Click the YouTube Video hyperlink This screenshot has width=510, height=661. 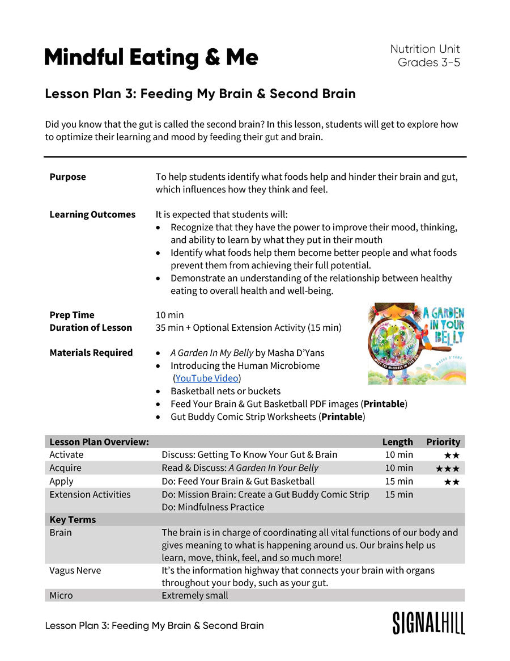[207, 378]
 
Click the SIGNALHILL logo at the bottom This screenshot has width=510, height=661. [428, 623]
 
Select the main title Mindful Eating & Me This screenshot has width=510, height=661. [151, 57]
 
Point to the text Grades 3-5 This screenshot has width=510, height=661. [428, 62]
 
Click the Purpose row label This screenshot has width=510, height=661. [67, 177]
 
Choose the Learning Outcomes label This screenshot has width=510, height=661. [92, 214]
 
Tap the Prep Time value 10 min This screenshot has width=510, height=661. [169, 315]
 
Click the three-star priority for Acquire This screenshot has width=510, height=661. [447, 469]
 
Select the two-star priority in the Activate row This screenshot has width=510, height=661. [451, 455]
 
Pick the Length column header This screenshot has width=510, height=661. [397, 442]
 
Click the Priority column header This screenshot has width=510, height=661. [443, 442]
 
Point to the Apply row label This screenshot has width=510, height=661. [61, 481]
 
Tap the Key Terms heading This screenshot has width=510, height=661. [73, 520]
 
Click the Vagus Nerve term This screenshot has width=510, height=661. [75, 570]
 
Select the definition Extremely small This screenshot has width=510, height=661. [195, 595]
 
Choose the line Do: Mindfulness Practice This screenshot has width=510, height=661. [212, 507]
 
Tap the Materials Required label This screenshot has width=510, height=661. [91, 353]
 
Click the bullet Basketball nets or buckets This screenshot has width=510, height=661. [225, 391]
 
